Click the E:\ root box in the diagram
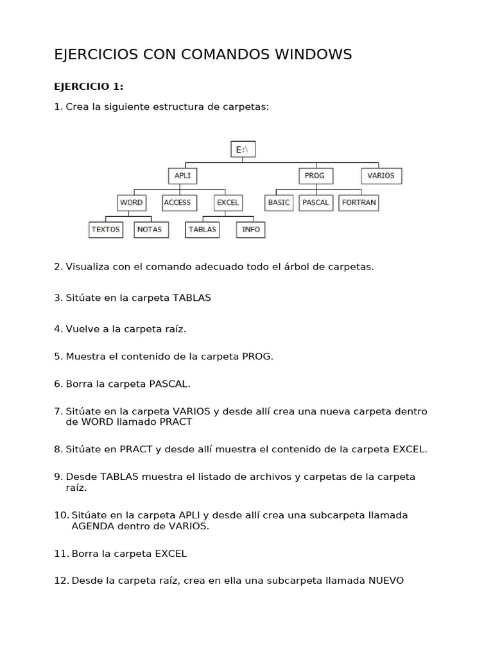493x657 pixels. (243, 149)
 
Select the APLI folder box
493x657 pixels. (182, 175)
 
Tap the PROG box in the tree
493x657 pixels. (315, 175)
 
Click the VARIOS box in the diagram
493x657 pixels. (381, 175)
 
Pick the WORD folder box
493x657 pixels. (131, 202)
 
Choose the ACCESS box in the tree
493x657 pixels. (177, 202)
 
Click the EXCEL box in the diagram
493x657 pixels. (228, 202)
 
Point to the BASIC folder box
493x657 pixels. (279, 202)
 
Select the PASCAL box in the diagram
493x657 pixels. (316, 202)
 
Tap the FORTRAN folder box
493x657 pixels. (359, 202)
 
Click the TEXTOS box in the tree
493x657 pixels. (106, 229)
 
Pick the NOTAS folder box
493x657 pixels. (150, 229)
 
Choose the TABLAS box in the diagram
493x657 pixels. (202, 229)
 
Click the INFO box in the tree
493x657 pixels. (251, 229)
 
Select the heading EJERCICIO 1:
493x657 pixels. (89, 87)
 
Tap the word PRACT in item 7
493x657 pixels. (175, 422)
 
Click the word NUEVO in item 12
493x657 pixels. (386, 581)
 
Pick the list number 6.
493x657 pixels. (58, 384)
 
